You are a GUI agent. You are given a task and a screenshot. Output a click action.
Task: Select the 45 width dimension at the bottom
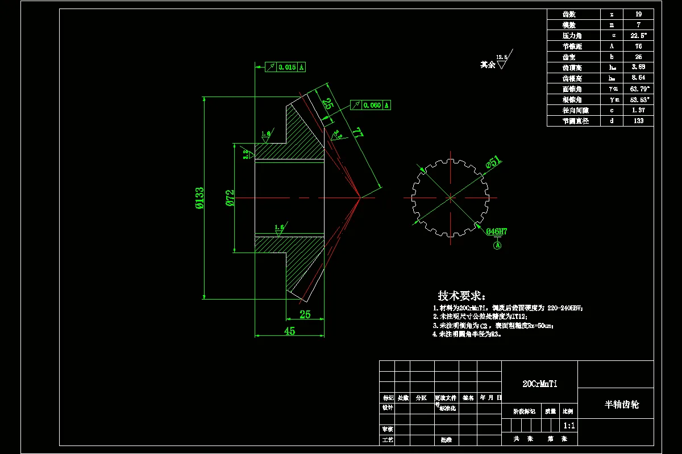(289, 331)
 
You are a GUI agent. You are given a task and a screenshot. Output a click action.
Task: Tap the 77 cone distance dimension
(357, 133)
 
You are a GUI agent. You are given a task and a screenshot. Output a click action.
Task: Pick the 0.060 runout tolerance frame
(372, 105)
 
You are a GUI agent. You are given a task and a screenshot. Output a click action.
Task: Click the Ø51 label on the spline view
(493, 163)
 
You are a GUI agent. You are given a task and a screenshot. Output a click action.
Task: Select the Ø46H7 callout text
(497, 232)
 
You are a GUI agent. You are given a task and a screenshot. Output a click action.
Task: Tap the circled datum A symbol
(497, 246)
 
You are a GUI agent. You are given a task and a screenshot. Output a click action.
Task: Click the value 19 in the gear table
(638, 14)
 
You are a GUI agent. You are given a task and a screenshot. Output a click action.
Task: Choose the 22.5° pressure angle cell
(638, 35)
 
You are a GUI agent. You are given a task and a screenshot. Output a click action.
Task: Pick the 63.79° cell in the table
(638, 89)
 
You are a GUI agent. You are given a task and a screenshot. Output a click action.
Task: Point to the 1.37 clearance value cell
(638, 110)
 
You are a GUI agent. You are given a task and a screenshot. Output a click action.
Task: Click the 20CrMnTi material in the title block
(539, 384)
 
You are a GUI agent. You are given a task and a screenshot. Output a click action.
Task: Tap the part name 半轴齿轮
(621, 405)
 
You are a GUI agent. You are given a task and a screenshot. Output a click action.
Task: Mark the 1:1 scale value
(568, 425)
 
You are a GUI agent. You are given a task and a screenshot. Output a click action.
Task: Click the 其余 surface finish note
(488, 65)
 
